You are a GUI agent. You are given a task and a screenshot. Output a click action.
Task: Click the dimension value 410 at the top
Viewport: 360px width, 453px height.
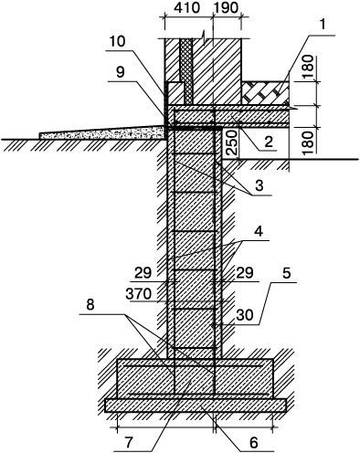pos(187,8)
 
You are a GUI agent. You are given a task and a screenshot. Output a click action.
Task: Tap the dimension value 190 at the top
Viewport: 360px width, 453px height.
pos(226,8)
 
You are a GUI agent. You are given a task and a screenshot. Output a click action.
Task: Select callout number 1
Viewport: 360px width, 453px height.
pos(323,25)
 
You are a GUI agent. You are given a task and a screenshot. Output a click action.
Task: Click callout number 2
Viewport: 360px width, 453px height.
pos(269,142)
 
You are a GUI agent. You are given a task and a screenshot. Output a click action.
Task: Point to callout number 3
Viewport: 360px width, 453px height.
pos(259,185)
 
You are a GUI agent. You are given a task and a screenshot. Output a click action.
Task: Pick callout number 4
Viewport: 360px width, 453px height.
pos(259,232)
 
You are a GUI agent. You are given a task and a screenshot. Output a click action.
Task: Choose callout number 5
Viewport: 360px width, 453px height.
pos(287,274)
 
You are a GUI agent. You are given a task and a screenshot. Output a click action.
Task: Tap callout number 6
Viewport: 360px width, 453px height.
pos(254,443)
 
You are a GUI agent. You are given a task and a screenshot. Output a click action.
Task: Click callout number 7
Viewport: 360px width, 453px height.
pos(128,443)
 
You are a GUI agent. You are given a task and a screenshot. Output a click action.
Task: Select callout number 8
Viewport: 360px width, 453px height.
pos(90,305)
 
